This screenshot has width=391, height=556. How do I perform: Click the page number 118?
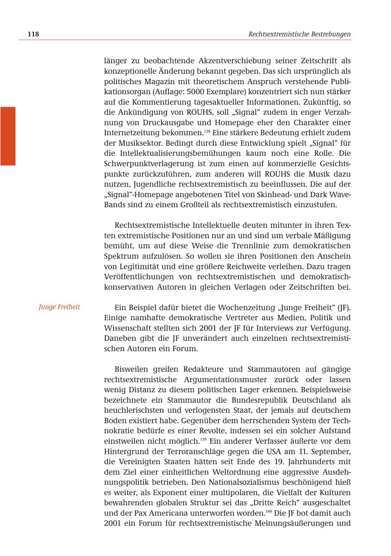coord(33,34)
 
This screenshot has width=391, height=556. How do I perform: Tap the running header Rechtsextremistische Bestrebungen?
coord(299,34)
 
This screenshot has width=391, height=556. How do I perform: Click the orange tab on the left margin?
coord(8,136)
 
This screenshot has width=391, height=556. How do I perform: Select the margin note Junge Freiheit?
coord(60,307)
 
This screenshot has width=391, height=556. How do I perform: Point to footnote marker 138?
coord(207,131)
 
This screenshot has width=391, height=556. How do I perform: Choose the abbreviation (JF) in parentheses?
coord(344,308)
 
